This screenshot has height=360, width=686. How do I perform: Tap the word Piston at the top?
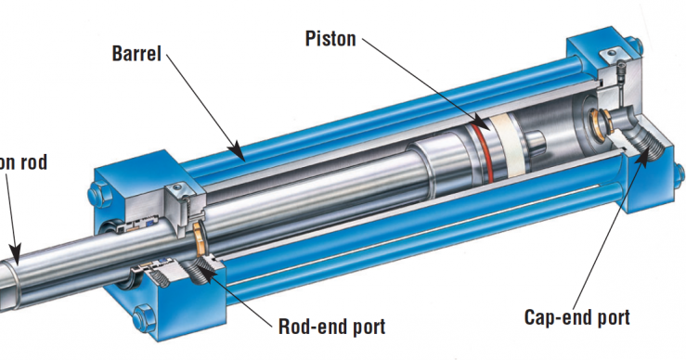coord(330,38)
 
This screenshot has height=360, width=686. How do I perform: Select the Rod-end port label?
coord(331,326)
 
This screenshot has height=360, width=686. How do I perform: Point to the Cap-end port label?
coord(576,317)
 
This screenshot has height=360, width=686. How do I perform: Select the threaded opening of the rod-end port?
coord(202,270)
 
